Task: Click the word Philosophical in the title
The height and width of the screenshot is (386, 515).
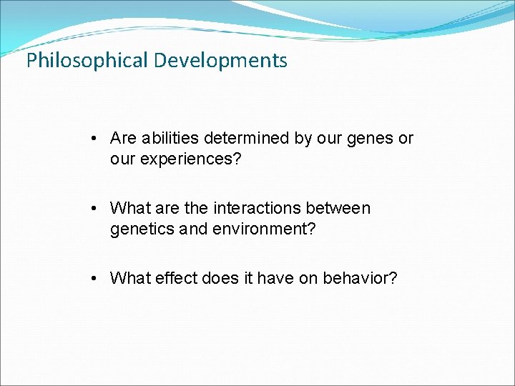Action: click(87, 61)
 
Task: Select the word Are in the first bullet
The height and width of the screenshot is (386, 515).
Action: click(123, 138)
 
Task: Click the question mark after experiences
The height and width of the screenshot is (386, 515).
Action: click(237, 158)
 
